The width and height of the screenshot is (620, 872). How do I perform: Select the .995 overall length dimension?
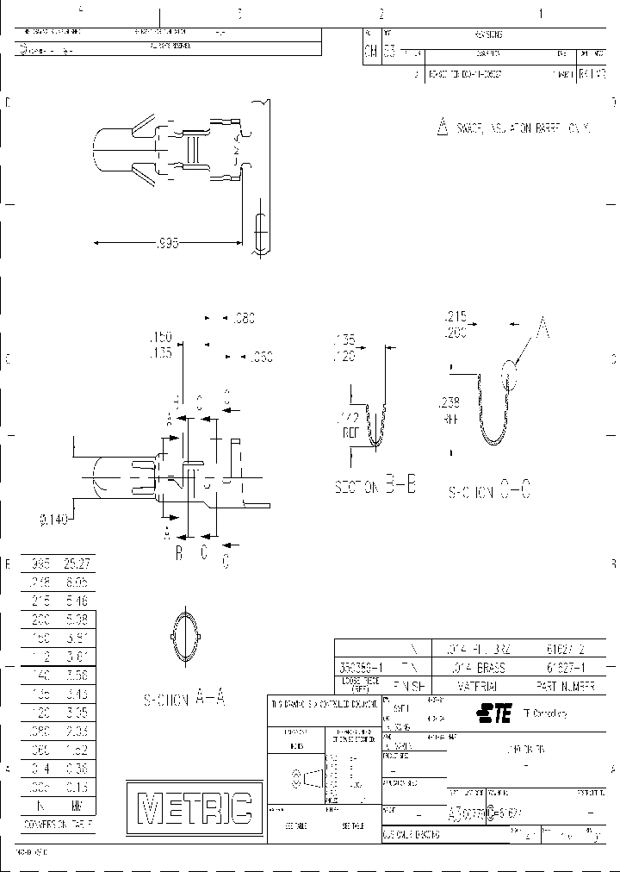click(x=169, y=244)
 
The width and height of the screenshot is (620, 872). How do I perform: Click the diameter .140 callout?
click(x=53, y=519)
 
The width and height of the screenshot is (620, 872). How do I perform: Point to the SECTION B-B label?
click(x=375, y=487)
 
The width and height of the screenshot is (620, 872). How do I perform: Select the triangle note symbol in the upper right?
click(x=443, y=128)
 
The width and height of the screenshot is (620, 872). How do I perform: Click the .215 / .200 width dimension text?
click(x=456, y=322)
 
